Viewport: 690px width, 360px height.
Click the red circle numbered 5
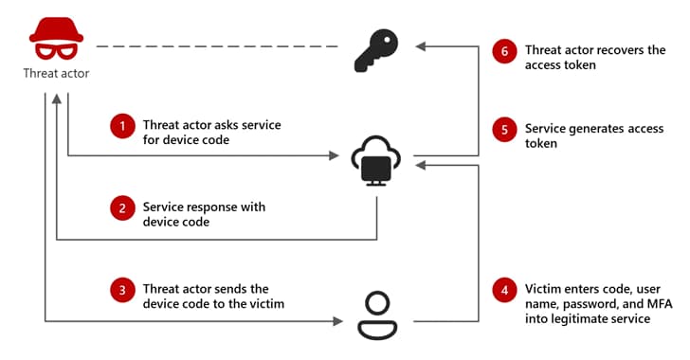505,128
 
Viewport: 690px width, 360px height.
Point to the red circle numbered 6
505,50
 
